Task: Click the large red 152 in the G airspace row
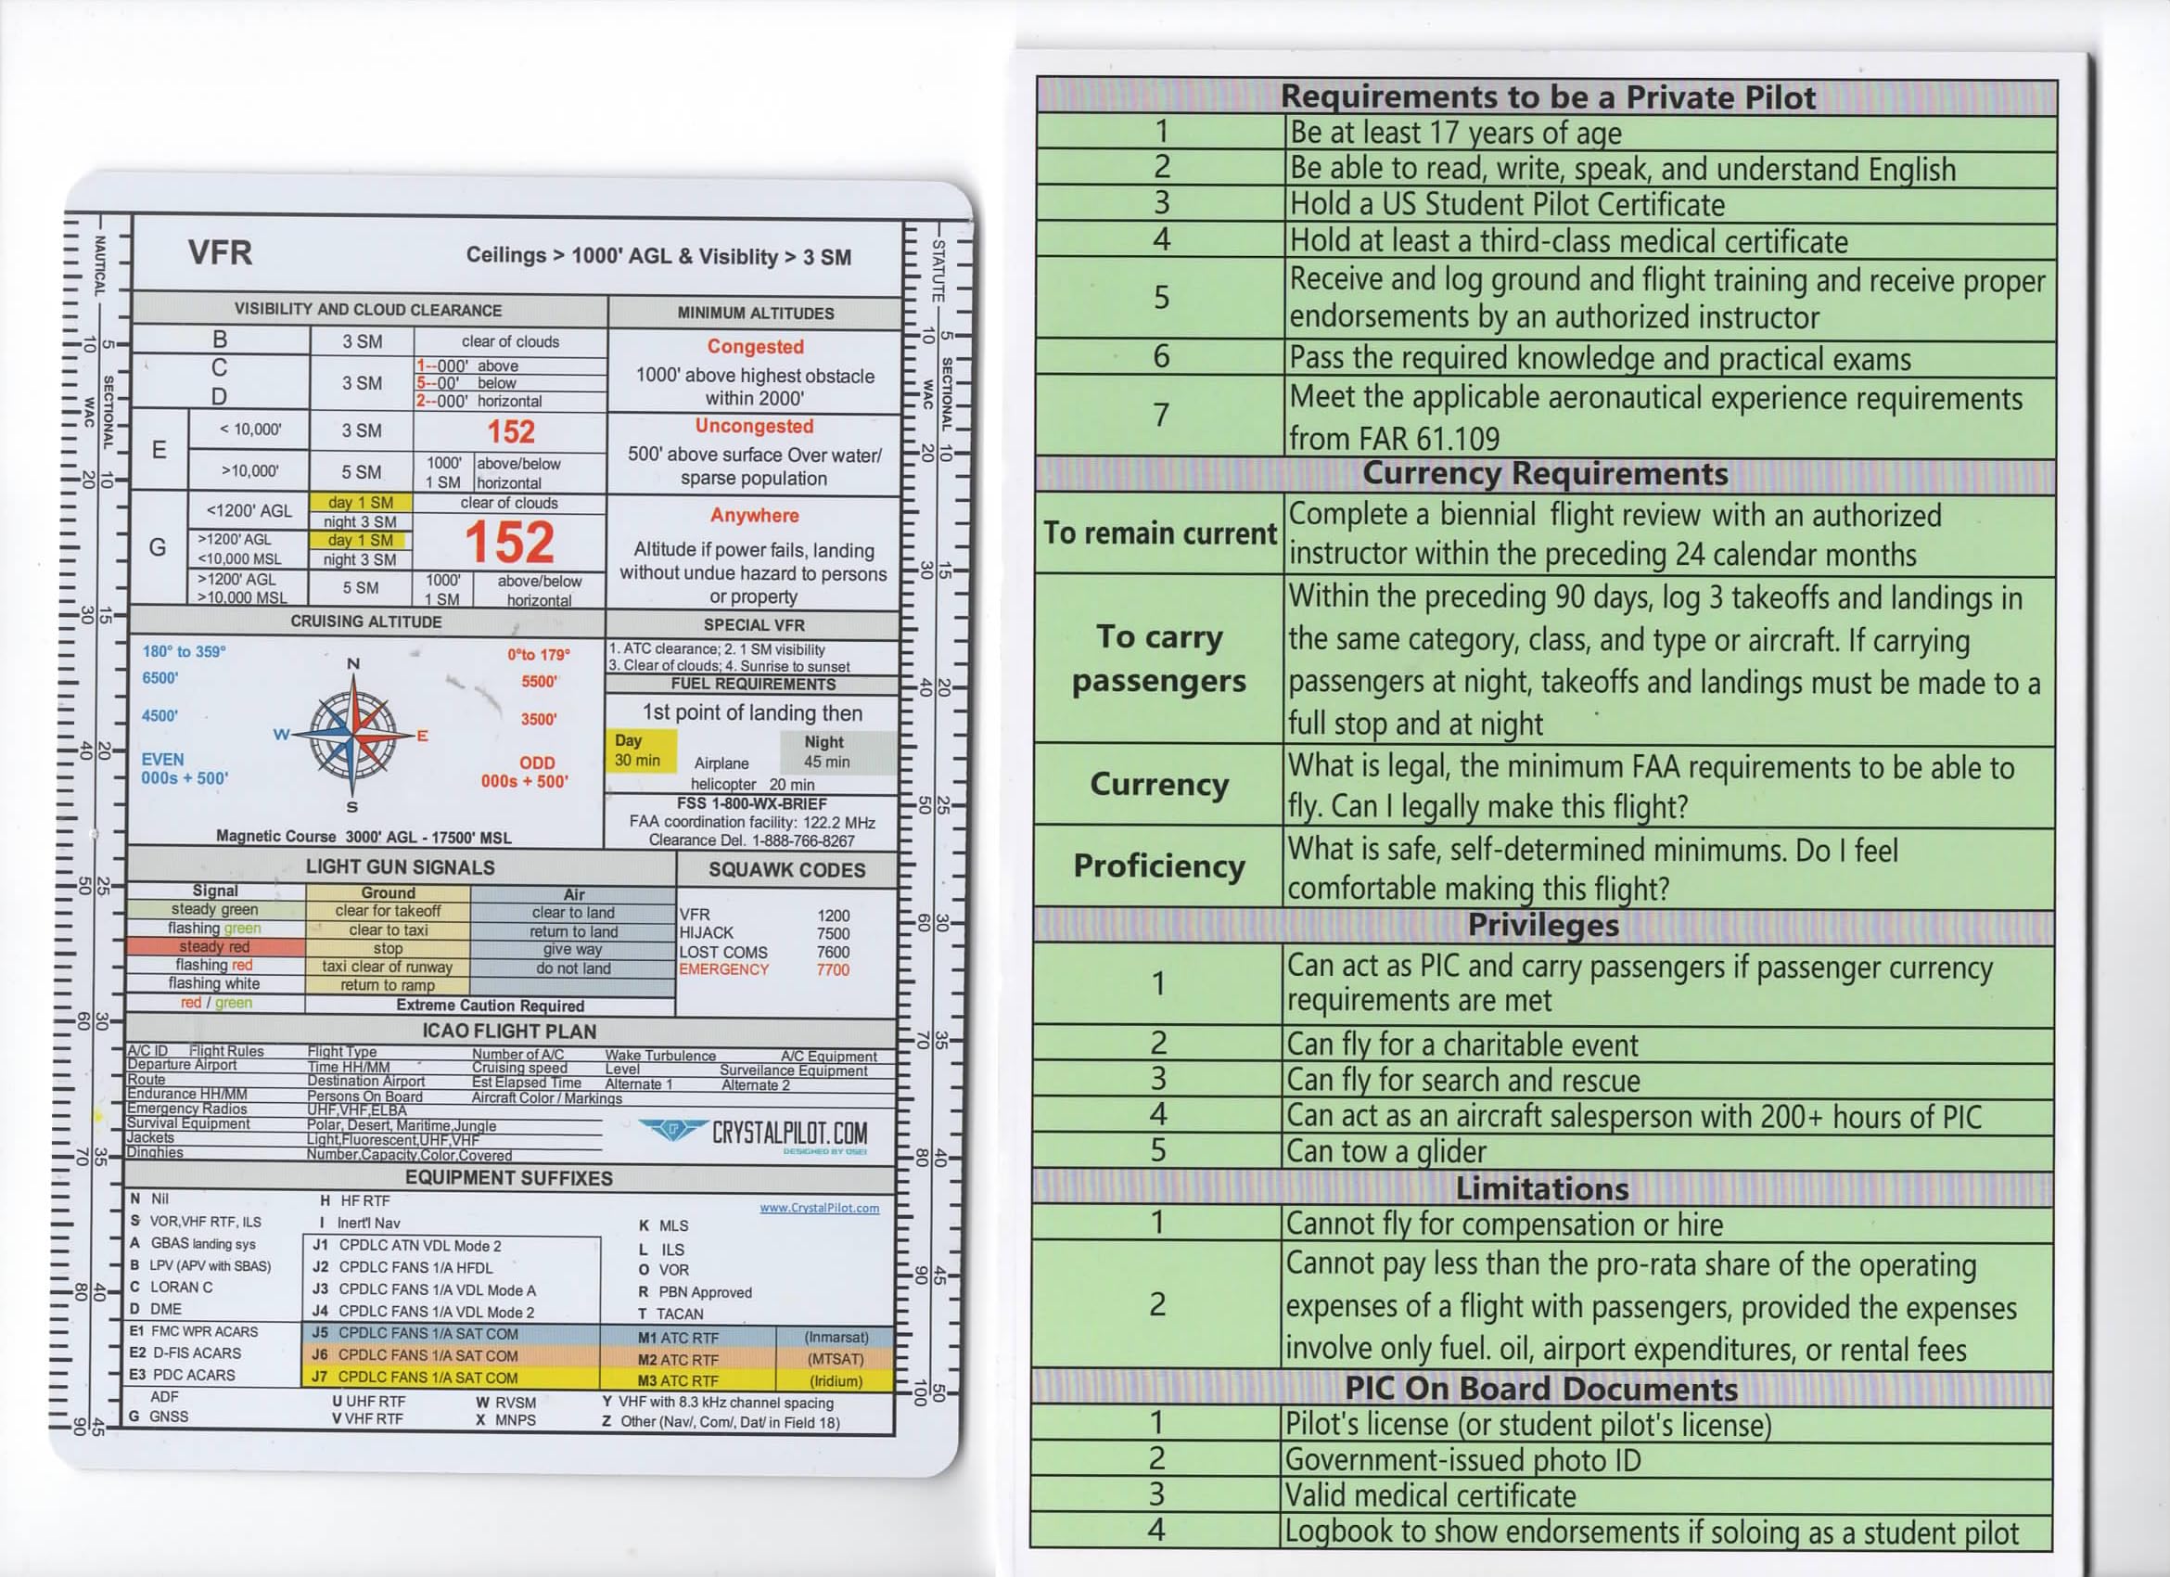[x=509, y=543]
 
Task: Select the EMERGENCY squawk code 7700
[x=833, y=969]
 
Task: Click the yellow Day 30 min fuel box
[x=640, y=750]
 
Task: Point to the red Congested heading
[x=755, y=346]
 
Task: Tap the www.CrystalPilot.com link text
[x=819, y=1208]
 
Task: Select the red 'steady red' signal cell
[x=215, y=946]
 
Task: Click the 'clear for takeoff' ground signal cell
[x=388, y=910]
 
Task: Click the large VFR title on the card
[x=220, y=252]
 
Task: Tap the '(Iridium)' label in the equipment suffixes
[x=836, y=1381]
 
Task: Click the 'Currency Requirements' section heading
[x=1544, y=474]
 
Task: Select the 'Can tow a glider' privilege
[x=1386, y=1151]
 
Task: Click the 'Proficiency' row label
[x=1158, y=866]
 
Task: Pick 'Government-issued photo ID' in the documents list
[x=1462, y=1460]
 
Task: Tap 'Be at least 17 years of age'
[x=1454, y=132]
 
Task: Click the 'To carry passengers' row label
[x=1158, y=659]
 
